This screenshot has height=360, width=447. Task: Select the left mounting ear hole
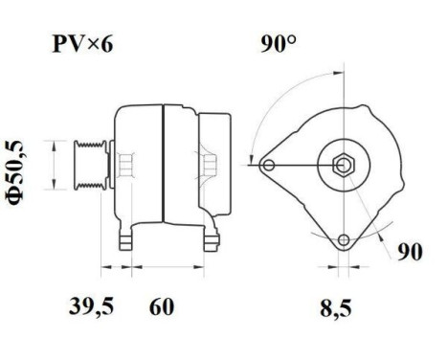click(x=269, y=166)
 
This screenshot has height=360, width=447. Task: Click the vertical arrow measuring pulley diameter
click(x=64, y=167)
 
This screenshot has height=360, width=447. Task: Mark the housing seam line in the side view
click(x=164, y=163)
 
